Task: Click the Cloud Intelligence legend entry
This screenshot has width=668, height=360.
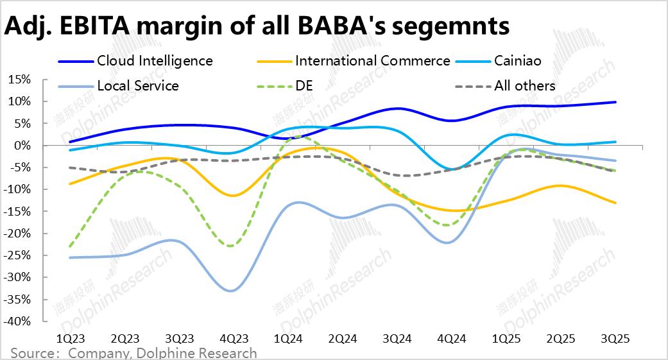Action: click(x=155, y=61)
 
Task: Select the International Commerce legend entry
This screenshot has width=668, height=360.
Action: click(x=372, y=61)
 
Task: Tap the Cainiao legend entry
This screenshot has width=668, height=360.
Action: click(x=518, y=61)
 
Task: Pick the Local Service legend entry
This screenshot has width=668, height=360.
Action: click(x=137, y=85)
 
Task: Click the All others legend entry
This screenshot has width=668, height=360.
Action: click(x=524, y=85)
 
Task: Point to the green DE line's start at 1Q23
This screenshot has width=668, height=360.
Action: click(x=69, y=246)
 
